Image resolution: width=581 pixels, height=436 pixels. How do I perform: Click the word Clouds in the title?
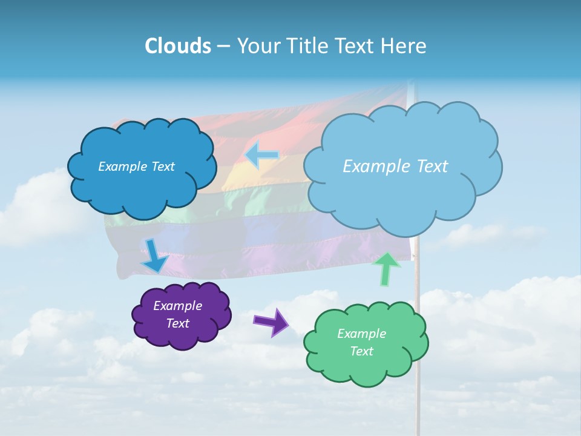177,46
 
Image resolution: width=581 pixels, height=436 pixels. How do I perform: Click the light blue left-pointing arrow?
262,156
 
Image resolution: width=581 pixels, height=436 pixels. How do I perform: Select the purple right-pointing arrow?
271,322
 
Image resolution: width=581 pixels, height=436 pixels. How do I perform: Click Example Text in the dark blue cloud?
136,167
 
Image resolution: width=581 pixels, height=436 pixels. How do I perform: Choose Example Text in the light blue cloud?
395,167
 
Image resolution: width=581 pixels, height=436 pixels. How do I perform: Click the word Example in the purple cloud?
177,306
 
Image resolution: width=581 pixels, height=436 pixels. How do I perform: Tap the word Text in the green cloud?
361,351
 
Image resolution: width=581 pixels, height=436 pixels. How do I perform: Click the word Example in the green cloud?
361,334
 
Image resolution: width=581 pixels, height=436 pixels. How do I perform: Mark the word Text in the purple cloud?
177,323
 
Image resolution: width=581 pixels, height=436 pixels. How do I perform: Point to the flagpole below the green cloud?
418,406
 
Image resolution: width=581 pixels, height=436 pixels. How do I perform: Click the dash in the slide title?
223,47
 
